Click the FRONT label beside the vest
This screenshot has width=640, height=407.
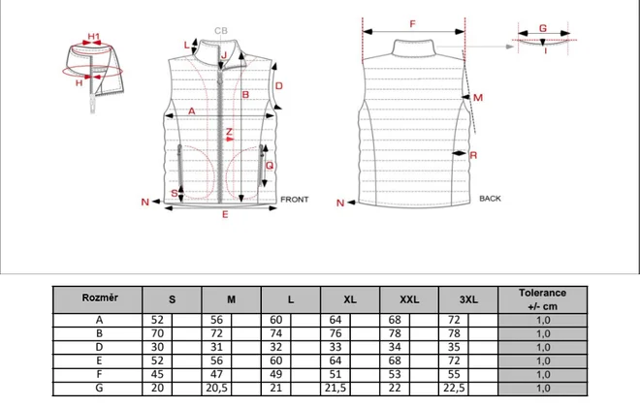(294, 200)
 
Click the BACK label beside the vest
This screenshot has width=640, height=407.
(490, 199)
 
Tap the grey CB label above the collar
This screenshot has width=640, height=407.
(221, 31)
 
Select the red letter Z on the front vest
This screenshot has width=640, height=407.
(229, 132)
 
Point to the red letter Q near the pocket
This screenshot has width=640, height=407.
(270, 165)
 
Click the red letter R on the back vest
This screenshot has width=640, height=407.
(473, 155)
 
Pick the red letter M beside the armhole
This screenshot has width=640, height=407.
(478, 98)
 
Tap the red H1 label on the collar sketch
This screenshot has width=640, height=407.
(94, 36)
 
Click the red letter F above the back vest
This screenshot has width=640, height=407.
(412, 24)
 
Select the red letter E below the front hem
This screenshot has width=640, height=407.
(225, 214)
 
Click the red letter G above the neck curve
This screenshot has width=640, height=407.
(542, 28)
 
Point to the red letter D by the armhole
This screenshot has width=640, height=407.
(278, 86)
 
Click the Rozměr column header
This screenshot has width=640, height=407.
(100, 297)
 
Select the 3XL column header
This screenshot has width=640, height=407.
(468, 299)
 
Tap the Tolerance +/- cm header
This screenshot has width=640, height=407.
(542, 299)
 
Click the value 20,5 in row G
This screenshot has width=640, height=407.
(217, 388)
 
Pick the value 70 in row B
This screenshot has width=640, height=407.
(157, 333)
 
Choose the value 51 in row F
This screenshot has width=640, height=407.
(336, 374)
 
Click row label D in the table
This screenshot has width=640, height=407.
(99, 347)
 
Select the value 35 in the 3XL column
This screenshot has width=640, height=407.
(454, 347)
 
